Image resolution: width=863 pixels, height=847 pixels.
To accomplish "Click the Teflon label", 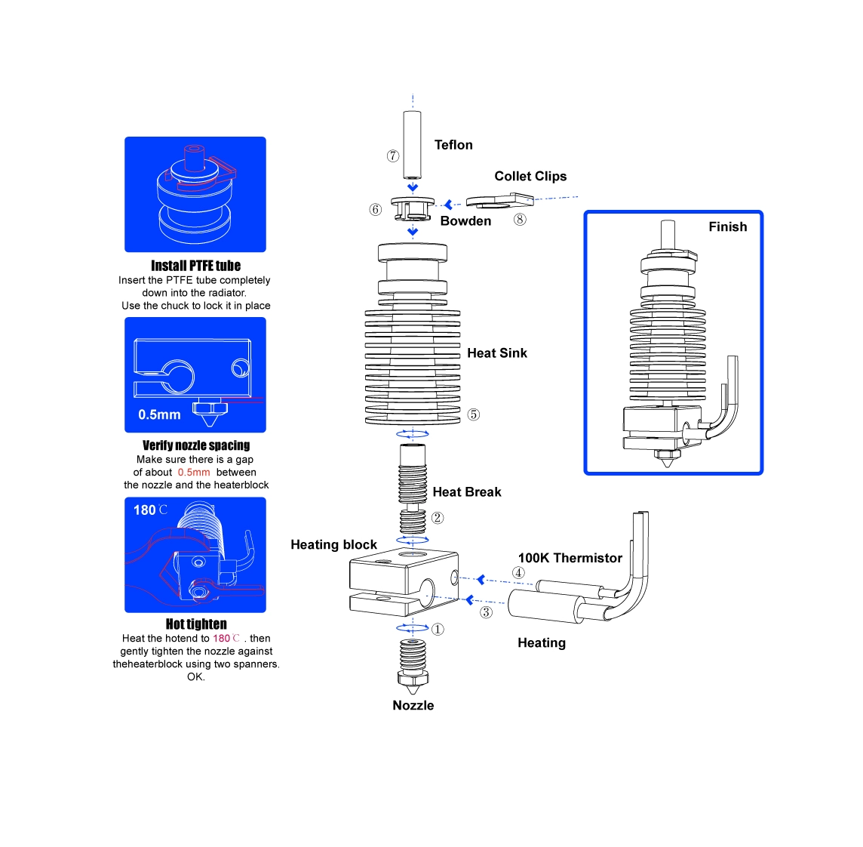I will click(x=453, y=145).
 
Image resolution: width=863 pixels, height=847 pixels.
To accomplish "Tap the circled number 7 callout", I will click(x=393, y=156).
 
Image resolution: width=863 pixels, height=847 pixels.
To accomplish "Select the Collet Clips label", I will click(x=530, y=176).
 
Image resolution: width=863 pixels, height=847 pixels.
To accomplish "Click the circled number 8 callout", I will click(x=520, y=220).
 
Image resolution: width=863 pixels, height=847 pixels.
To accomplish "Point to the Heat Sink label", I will click(x=496, y=353).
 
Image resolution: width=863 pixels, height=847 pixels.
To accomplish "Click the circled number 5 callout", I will click(x=473, y=414).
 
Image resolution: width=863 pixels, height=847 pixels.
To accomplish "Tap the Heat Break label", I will click(x=466, y=491).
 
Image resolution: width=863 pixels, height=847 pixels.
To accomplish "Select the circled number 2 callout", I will click(x=438, y=518).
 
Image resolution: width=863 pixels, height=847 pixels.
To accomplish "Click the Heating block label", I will click(x=333, y=544).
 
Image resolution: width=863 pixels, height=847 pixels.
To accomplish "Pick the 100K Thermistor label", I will click(x=570, y=558).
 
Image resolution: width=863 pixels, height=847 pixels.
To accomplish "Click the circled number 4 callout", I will click(x=518, y=572).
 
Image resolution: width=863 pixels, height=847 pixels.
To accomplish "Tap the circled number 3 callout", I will click(x=486, y=612).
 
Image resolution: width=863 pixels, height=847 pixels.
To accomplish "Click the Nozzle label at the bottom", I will click(x=413, y=705).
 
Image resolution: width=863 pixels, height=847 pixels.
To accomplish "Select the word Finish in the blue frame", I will click(x=727, y=226).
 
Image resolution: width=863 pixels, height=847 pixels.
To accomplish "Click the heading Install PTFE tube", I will click(x=195, y=266).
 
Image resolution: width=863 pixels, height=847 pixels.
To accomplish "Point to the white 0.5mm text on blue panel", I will click(x=159, y=414).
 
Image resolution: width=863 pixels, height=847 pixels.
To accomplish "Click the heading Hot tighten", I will click(x=196, y=624).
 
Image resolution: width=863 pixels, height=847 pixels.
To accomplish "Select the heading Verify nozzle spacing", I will click(x=196, y=445).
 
